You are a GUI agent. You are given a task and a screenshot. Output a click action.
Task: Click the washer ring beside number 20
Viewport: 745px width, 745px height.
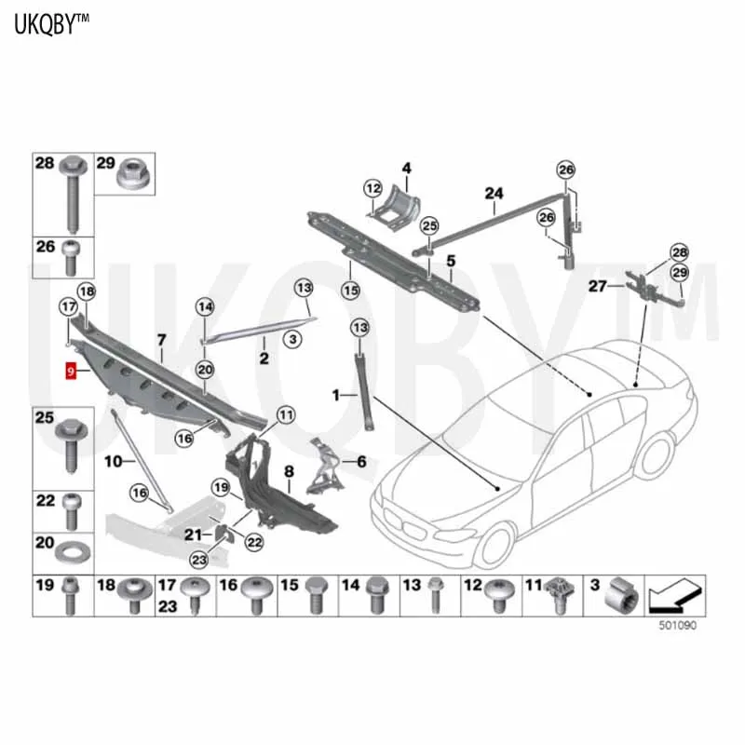[x=70, y=553]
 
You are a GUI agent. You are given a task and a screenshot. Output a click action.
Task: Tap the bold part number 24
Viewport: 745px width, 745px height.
[x=493, y=194]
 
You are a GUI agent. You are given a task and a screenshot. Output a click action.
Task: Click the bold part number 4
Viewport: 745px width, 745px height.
[x=406, y=169]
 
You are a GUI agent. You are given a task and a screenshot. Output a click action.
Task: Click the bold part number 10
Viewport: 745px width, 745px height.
[x=113, y=461]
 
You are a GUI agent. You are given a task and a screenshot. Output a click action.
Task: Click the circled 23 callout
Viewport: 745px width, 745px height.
[x=198, y=559]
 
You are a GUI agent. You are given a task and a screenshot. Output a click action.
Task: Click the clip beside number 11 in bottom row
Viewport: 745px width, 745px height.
[x=561, y=592]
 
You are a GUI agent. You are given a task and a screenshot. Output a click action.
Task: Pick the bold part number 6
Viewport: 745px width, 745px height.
[x=360, y=460]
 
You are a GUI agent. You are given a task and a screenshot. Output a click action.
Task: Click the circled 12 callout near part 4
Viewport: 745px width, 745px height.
[x=372, y=190]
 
